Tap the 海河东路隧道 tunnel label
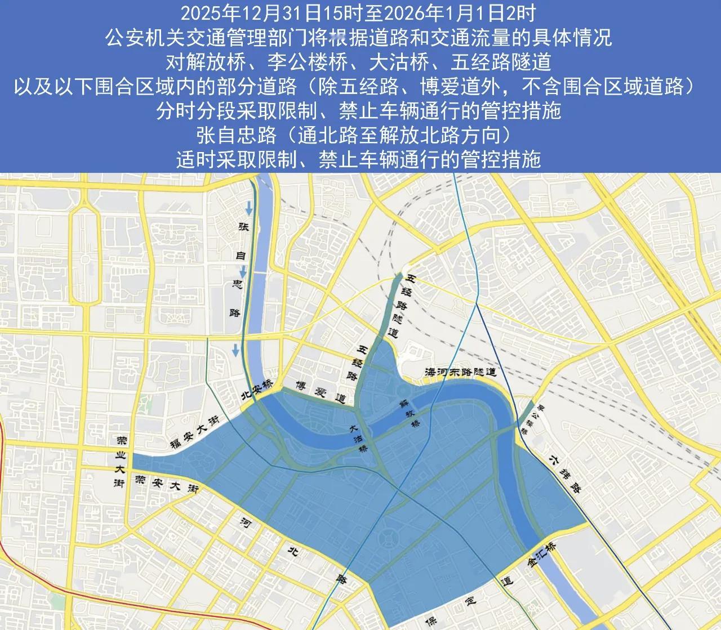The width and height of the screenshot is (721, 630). [x=460, y=372]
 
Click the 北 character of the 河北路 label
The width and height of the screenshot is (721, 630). [x=292, y=551]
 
